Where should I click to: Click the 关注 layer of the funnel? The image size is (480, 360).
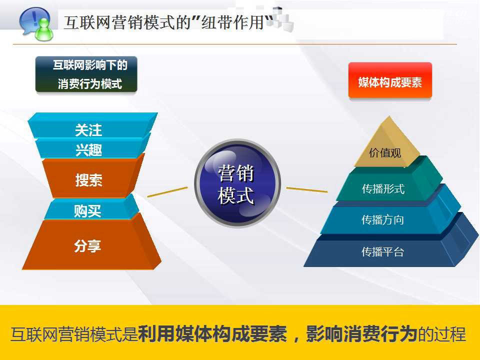coord(88,130)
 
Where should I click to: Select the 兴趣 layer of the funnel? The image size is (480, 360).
coord(88,149)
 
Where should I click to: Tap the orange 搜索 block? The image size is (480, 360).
coord(88,180)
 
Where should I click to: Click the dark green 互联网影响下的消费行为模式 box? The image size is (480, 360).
coord(86,74)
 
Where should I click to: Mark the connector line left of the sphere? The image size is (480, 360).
coord(167,192)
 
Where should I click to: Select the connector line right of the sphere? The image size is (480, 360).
coord(306,189)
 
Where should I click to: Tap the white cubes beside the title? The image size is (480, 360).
coord(281,20)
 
